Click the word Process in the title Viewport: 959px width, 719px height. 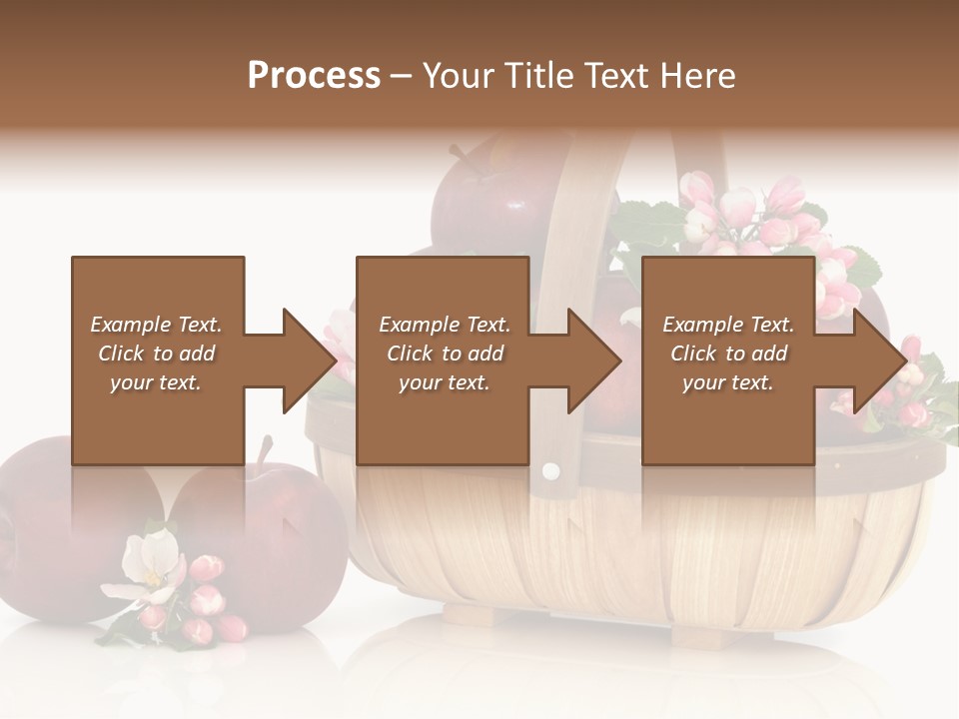point(314,76)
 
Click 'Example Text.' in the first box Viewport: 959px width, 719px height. point(156,325)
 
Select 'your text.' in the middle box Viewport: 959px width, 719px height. point(444,382)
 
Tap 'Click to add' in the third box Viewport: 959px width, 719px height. point(728,354)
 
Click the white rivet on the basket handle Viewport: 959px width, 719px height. point(549,470)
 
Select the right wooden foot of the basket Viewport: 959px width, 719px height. point(699,633)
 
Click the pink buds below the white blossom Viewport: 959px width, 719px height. point(205,609)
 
